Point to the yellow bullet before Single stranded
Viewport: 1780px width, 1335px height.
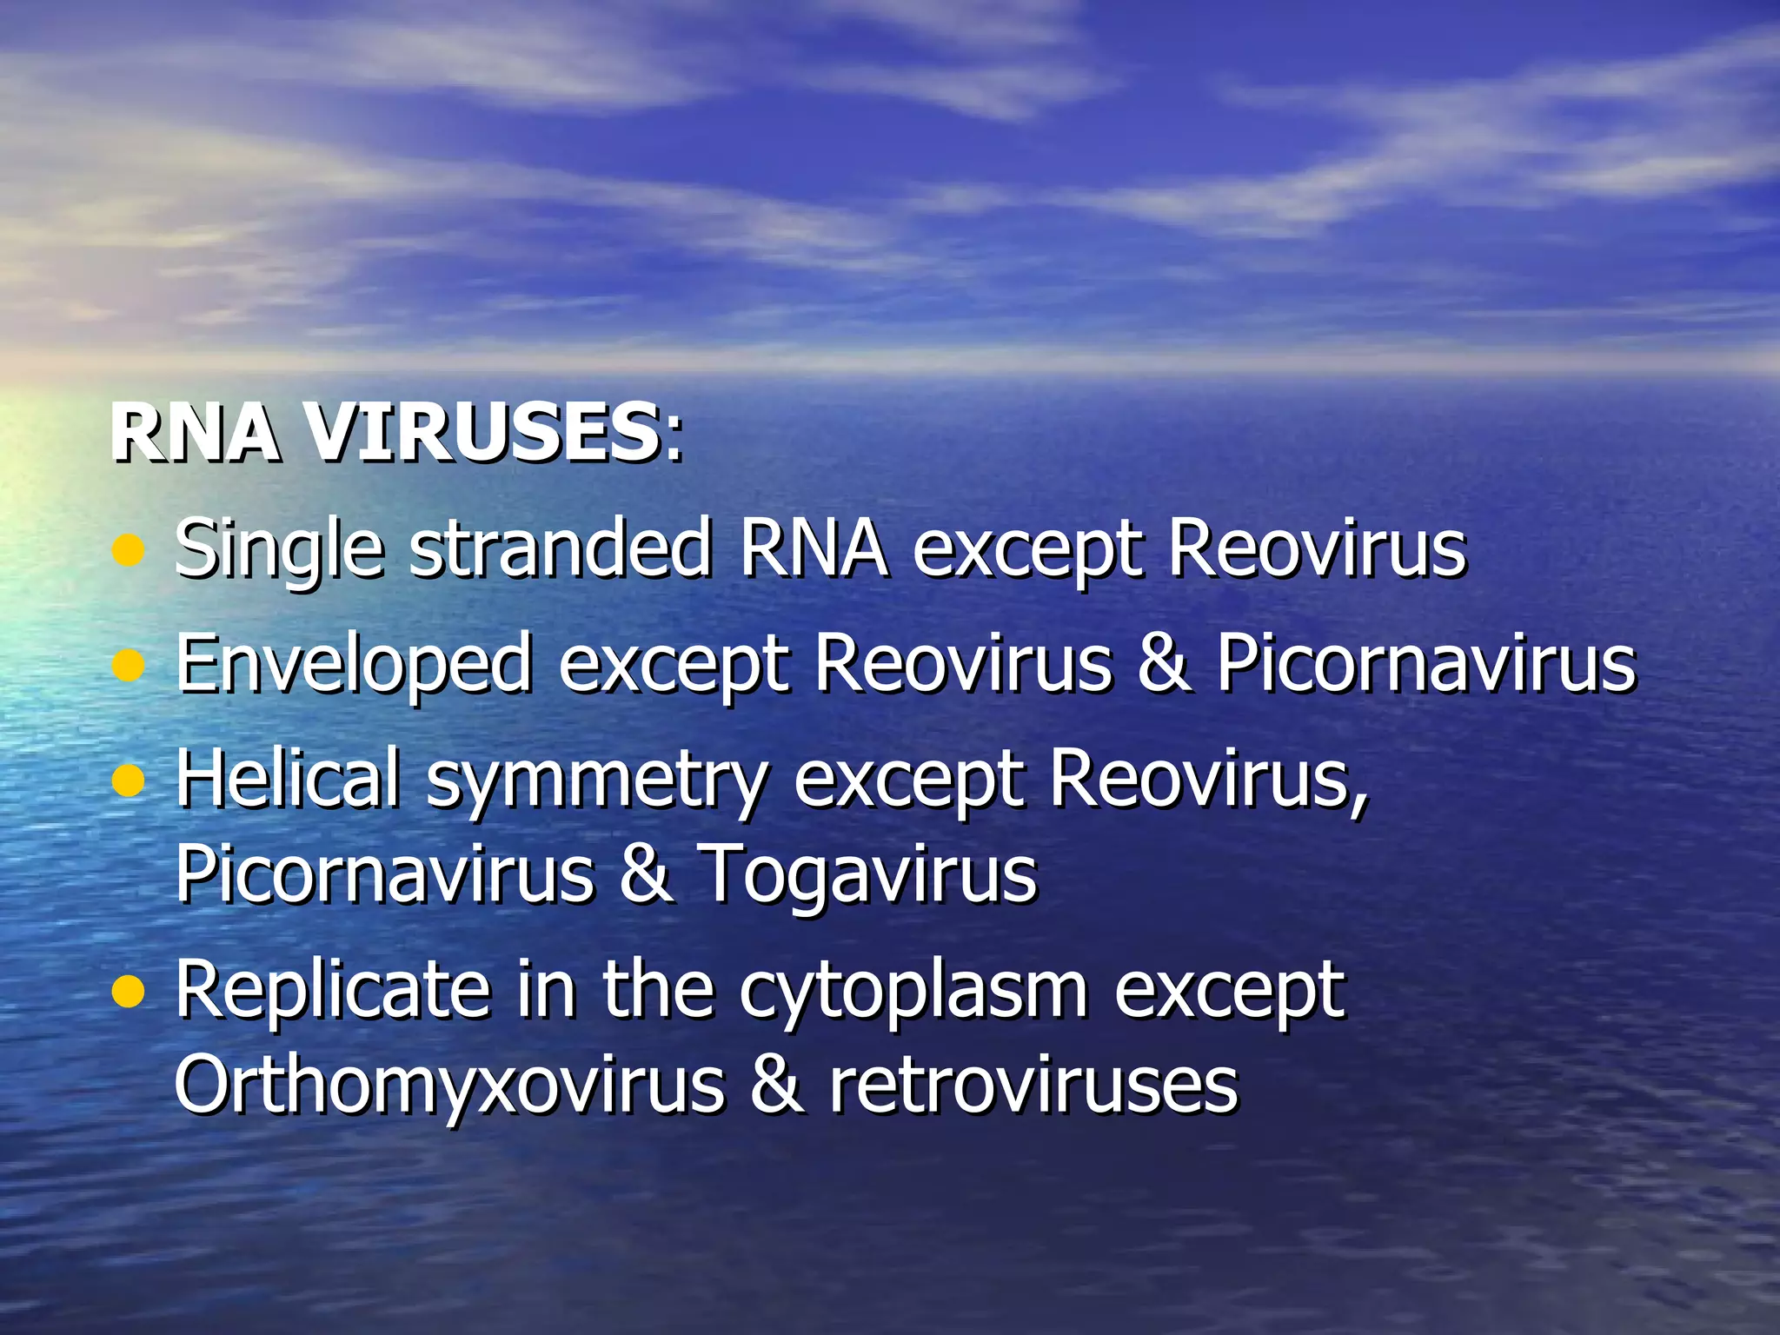coord(129,551)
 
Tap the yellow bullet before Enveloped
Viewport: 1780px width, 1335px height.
coord(129,666)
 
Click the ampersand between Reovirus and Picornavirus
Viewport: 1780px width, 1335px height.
coord(1164,664)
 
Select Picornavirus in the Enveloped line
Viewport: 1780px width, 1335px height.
coord(1425,664)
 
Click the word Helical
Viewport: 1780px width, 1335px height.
coord(288,778)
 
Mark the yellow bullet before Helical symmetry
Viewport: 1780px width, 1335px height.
coord(129,780)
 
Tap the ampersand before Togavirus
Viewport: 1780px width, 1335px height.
coord(646,873)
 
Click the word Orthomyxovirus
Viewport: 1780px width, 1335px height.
coord(448,1086)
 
